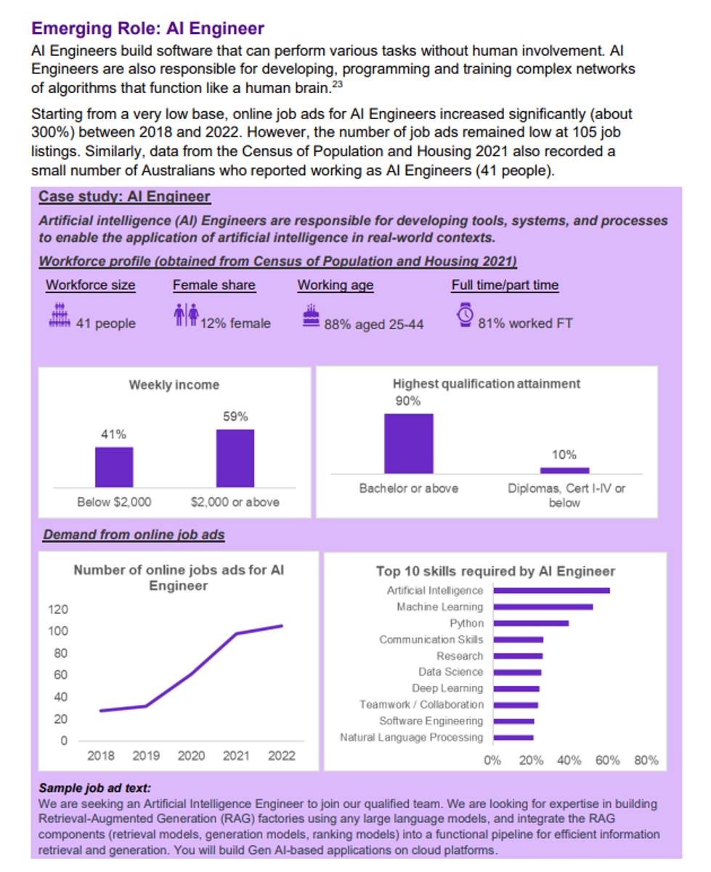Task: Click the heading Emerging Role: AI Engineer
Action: pos(147,28)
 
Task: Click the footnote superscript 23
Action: pos(338,84)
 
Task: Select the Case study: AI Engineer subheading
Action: pos(124,196)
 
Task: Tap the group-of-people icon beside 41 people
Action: pos(60,315)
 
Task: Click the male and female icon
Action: pos(186,315)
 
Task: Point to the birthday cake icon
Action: pos(311,315)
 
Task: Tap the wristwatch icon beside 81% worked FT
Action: pos(466,315)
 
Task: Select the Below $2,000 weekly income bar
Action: pos(114,467)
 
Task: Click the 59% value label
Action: pos(235,416)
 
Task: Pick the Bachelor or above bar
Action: pos(409,443)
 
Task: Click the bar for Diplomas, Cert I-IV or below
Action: pos(564,471)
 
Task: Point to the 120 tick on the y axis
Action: pos(58,609)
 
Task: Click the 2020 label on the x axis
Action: pos(191,756)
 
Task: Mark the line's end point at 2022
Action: pos(283,626)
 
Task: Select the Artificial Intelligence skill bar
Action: pos(551,591)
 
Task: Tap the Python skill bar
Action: pos(531,623)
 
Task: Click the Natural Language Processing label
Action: pos(412,738)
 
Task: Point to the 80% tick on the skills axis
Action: pos(646,760)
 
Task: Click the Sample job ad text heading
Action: pos(95,788)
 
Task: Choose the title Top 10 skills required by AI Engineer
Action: pos(495,571)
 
